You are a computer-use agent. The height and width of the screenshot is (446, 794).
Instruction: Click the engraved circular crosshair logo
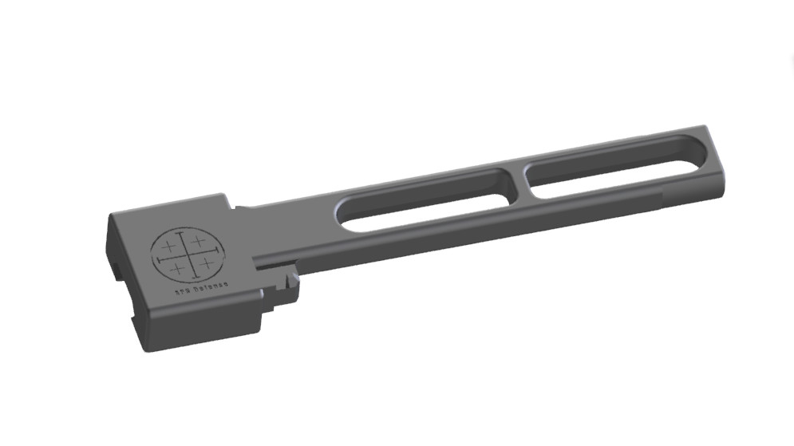188,255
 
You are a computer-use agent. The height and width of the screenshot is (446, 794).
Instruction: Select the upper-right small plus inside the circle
198,241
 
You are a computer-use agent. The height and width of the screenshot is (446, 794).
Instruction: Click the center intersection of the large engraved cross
188,255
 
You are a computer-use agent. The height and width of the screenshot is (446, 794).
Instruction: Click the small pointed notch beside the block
285,281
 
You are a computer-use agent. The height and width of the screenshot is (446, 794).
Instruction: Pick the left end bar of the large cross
159,259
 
